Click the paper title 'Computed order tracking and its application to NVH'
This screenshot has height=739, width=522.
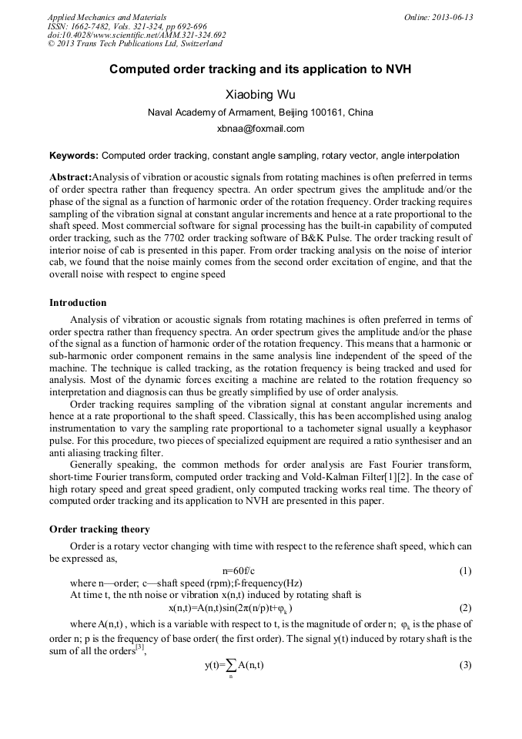260,69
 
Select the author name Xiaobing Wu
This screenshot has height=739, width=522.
260,95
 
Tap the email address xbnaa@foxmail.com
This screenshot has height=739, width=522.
260,129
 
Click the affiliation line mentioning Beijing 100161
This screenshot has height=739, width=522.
260,113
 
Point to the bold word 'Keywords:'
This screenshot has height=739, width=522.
74,155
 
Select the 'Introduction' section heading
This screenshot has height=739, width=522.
78,303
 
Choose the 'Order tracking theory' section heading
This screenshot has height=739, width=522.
99,529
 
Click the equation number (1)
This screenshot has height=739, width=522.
465,571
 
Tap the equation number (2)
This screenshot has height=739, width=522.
465,607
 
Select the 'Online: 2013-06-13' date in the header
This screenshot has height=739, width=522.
438,17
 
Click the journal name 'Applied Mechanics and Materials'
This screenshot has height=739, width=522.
107,17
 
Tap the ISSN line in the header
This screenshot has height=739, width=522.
127,26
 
